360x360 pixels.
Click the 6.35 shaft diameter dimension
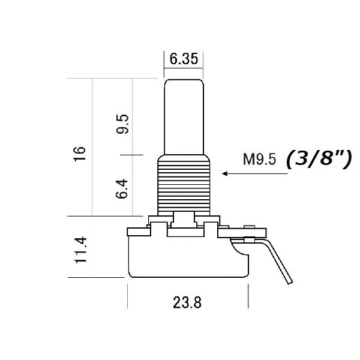(183, 60)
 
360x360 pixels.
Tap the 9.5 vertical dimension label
(123, 124)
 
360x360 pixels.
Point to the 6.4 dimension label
(123, 188)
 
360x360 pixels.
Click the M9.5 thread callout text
(259, 160)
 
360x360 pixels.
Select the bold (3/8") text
(317, 160)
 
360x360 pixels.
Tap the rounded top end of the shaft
(184, 80)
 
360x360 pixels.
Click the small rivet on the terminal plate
(247, 226)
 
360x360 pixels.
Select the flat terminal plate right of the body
(252, 232)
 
